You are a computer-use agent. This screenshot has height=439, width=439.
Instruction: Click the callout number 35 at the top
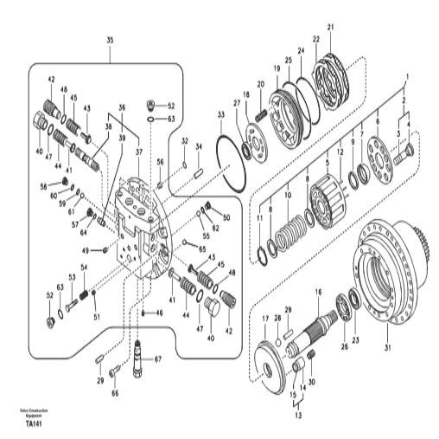pos(110,41)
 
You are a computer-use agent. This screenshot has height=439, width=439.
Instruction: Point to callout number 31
pos(387,350)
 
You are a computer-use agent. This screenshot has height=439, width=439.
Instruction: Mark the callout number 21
pos(329,29)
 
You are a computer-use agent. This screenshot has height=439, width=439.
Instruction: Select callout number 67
pos(158,359)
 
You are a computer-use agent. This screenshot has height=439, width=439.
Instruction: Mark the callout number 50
pos(226,217)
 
